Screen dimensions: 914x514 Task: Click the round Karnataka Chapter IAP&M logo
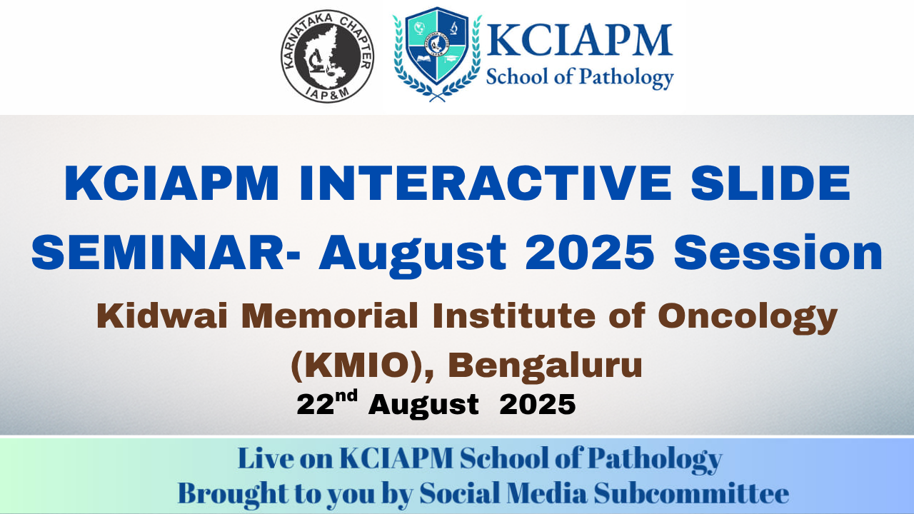(327, 56)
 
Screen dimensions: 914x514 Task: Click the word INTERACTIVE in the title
(486, 183)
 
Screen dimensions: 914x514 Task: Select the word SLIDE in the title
(770, 183)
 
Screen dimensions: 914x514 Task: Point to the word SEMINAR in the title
(158, 253)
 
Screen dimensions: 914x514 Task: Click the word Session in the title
(778, 253)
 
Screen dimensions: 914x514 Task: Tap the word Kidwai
(162, 316)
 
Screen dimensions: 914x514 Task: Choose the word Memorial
(330, 316)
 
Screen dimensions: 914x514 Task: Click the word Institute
(514, 316)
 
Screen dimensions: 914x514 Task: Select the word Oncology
(748, 318)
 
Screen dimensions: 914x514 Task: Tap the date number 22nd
(327, 403)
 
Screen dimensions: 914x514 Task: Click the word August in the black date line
(423, 405)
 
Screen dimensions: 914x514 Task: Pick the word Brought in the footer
(233, 495)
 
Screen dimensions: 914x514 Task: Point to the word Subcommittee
(691, 493)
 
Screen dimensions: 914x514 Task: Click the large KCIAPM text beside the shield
(579, 40)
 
